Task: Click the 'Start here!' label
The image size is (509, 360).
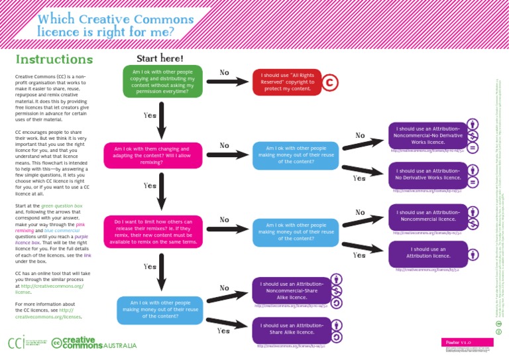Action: tap(159, 58)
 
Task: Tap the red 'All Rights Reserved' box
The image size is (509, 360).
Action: tap(286, 82)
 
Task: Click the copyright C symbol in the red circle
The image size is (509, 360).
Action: tap(329, 82)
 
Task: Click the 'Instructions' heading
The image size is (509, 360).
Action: tap(54, 59)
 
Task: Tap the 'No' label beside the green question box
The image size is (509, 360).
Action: tap(225, 72)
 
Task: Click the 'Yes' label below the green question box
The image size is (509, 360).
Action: tap(150, 115)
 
